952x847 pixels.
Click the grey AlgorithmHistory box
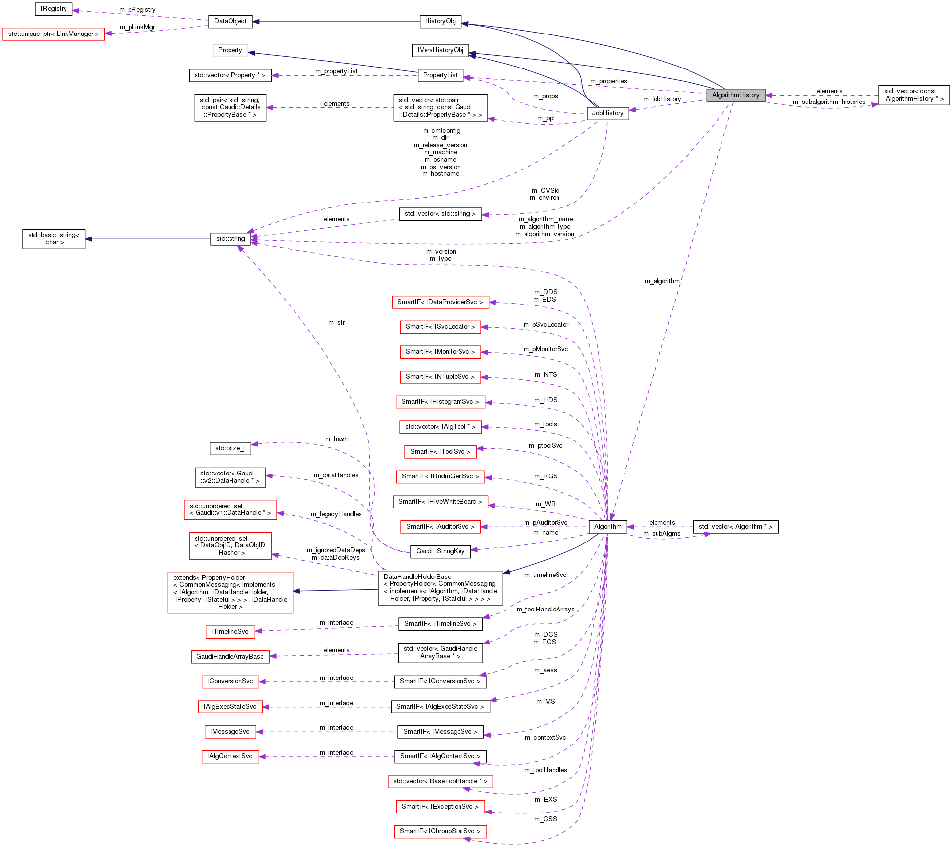(x=735, y=95)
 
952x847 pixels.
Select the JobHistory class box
(x=607, y=113)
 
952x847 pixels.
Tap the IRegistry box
(x=54, y=9)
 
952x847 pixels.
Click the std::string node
(x=230, y=239)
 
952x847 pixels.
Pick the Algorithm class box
(x=607, y=527)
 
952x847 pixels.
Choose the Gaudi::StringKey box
(x=440, y=551)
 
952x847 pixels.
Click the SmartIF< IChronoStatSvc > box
(x=440, y=831)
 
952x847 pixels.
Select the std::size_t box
(x=230, y=448)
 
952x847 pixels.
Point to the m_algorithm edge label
(x=661, y=281)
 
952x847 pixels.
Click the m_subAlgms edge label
(x=661, y=534)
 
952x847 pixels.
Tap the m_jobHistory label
(x=661, y=99)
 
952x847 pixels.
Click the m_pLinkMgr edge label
(x=137, y=27)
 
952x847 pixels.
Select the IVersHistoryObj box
(x=440, y=50)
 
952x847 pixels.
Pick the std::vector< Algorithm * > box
(x=735, y=527)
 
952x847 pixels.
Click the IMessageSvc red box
(x=230, y=732)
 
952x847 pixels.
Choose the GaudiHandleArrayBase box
(x=230, y=657)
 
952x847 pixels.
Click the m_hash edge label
(x=336, y=439)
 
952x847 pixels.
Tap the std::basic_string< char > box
(x=54, y=239)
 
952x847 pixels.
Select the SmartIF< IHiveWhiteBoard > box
(x=440, y=502)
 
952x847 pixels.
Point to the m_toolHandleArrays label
(x=545, y=610)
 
